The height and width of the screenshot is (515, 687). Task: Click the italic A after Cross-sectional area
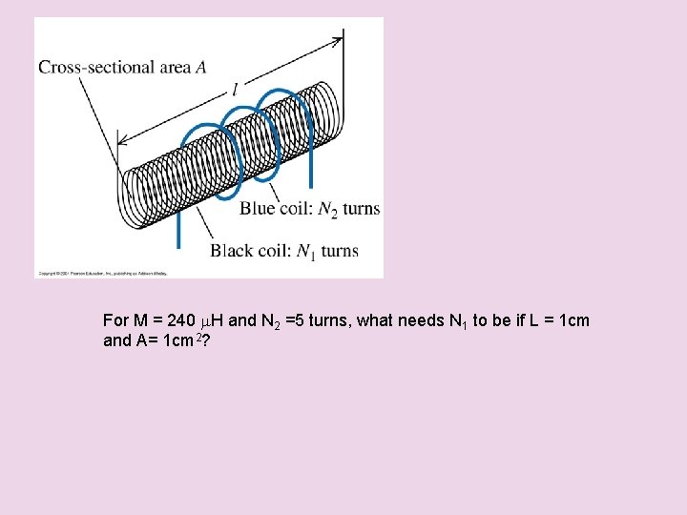(200, 67)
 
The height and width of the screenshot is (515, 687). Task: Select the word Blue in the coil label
(259, 209)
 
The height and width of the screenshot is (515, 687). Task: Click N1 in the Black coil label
(305, 252)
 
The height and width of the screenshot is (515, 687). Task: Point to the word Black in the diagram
(233, 251)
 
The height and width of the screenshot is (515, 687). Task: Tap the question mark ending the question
(206, 340)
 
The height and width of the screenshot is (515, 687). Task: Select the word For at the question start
(114, 320)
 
